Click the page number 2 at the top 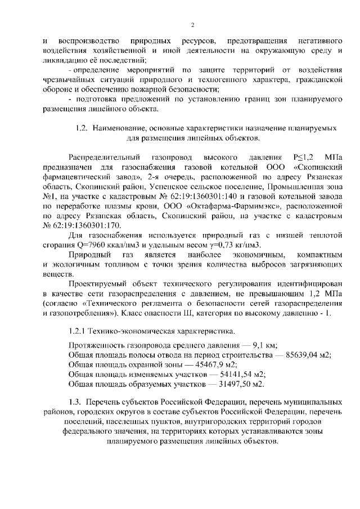pos(192,25)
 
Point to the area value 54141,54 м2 pos(241,375)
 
